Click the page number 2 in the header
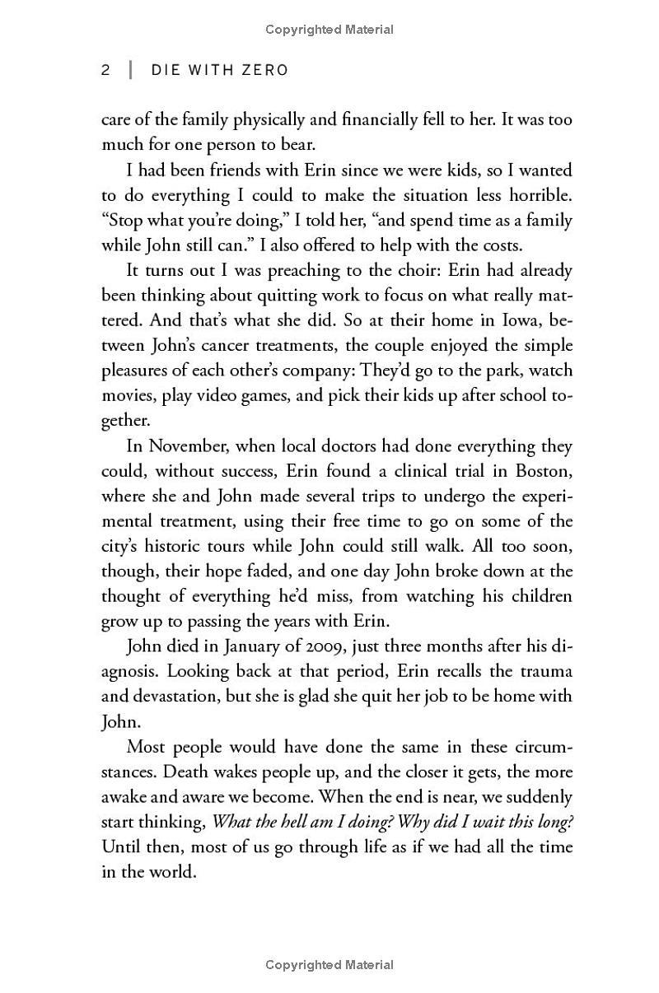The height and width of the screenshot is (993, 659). [x=105, y=70]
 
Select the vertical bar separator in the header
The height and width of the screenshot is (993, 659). [x=130, y=70]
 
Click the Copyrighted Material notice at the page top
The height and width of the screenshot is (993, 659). [x=329, y=30]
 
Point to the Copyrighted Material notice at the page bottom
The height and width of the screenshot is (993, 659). [x=329, y=964]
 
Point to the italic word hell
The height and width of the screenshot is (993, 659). [x=288, y=823]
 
